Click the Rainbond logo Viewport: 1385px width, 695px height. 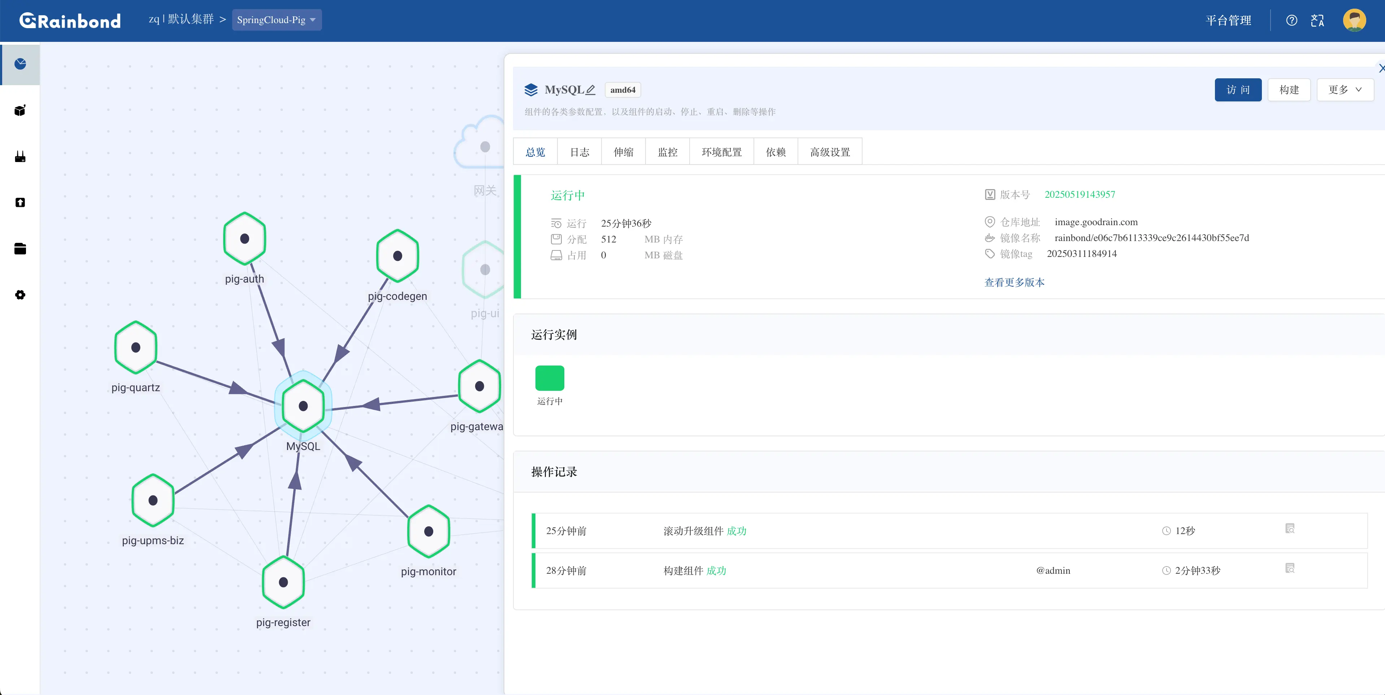[70, 21]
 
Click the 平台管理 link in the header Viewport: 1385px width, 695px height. [1229, 21]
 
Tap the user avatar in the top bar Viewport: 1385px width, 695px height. [1354, 21]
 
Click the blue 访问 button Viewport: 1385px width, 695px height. [1238, 90]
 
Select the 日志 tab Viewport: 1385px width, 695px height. [579, 152]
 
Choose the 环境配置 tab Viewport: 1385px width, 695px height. [721, 152]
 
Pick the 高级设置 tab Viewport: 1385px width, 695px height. [830, 152]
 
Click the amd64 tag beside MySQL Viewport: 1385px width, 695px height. [622, 90]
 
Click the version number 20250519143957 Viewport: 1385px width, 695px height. [1080, 194]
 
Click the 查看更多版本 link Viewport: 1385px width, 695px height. [1015, 282]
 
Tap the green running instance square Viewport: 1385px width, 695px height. [550, 378]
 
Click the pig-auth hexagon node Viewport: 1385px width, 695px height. [245, 239]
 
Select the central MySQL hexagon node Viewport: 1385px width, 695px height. [303, 406]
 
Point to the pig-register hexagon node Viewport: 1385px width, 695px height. [283, 582]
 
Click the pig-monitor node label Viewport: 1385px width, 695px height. [429, 571]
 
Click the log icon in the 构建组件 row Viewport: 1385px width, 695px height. [1290, 568]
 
